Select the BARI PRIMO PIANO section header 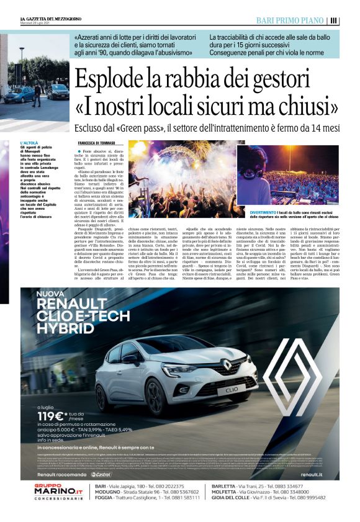[x=291, y=20]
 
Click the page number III [x=334, y=20]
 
